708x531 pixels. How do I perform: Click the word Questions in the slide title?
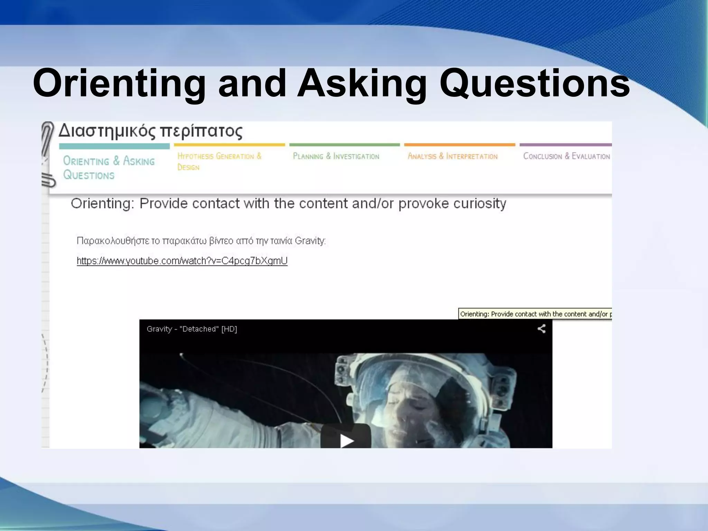click(534, 84)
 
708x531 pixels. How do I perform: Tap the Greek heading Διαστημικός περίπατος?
click(150, 131)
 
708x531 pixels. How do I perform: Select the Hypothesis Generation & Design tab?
click(219, 161)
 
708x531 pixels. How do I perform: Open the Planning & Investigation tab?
click(336, 156)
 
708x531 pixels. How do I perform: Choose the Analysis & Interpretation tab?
click(453, 156)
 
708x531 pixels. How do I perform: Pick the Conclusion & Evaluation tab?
click(566, 156)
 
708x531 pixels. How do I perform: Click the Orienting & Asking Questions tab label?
click(109, 168)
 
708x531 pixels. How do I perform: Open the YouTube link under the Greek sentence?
click(182, 261)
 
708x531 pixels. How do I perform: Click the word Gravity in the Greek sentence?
click(310, 241)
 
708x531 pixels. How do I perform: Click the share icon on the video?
click(541, 329)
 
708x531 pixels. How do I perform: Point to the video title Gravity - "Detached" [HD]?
click(192, 329)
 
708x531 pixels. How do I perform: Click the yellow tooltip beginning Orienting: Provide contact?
click(535, 314)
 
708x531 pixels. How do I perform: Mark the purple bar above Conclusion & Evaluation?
click(566, 145)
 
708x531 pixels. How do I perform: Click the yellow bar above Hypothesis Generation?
click(229, 145)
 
